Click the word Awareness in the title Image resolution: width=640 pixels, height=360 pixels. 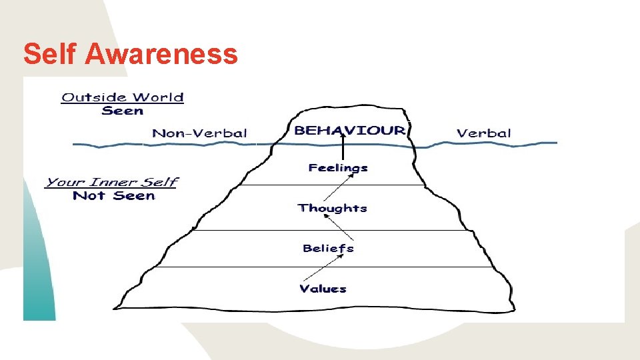[161, 53]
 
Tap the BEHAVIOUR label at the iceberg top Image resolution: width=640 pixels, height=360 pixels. [349, 130]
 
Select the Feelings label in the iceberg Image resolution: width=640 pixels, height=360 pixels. [338, 168]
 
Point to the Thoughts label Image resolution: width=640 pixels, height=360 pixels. [333, 208]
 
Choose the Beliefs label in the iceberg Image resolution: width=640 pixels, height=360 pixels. [328, 248]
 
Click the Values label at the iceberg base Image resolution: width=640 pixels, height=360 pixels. [323, 289]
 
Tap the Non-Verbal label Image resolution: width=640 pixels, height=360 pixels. [200, 133]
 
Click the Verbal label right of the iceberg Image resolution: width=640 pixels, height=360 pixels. [484, 133]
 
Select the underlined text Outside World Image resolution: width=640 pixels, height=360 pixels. [123, 97]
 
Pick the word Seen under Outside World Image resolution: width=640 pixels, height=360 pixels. [123, 111]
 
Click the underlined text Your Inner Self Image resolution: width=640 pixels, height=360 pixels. [111, 182]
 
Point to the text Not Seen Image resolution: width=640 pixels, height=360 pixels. [113, 195]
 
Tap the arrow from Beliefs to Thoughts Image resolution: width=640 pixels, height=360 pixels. [346, 228]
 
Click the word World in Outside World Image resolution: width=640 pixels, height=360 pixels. [159, 97]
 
